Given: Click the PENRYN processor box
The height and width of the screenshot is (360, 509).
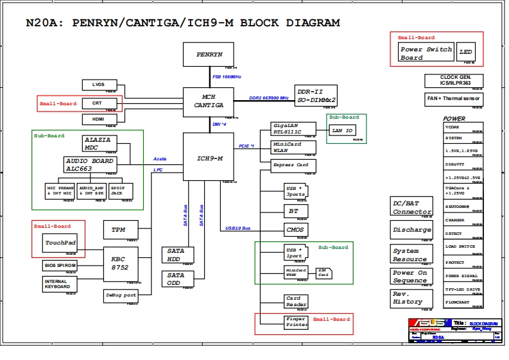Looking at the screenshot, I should (x=209, y=55).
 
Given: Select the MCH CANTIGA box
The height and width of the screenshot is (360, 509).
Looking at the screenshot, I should (x=209, y=101).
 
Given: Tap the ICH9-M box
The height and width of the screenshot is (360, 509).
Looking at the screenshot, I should (x=209, y=158).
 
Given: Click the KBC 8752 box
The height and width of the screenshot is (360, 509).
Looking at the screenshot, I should (x=120, y=263).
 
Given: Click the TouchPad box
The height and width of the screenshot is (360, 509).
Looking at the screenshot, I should (x=60, y=243).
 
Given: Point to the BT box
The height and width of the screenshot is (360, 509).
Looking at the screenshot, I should (x=295, y=210).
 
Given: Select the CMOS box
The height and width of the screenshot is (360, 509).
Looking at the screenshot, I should (x=295, y=230).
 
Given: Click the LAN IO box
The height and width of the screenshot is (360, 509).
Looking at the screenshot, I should (x=342, y=130).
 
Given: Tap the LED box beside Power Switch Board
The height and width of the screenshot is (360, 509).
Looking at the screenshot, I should (x=465, y=53).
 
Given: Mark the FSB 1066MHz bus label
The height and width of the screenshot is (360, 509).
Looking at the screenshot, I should (x=227, y=77).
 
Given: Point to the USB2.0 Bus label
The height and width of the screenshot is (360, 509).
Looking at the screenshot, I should (x=238, y=228).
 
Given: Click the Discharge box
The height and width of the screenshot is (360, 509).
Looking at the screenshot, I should (x=412, y=230).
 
